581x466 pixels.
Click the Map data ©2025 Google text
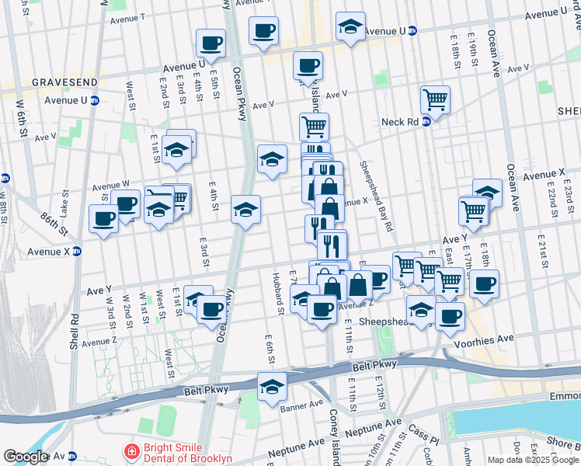pos(533,460)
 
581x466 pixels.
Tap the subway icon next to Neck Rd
pos(426,122)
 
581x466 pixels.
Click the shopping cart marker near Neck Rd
pos(435,100)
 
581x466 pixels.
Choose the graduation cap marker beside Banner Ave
pos(272,386)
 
